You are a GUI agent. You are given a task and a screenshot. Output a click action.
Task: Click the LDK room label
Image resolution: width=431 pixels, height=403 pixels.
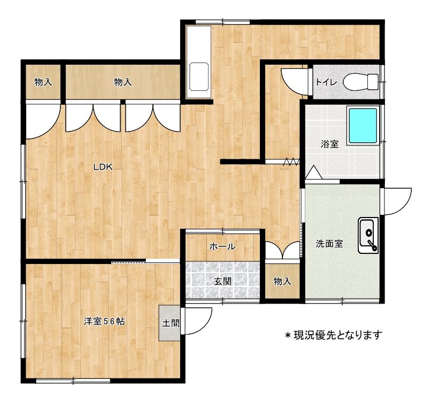(x=103, y=167)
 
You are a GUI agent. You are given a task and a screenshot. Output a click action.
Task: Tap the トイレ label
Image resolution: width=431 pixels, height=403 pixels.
(x=326, y=82)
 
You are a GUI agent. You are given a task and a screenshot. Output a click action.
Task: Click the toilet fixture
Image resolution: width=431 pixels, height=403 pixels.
(x=360, y=82)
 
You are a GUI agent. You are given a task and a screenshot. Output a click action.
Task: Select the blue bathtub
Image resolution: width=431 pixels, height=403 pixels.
(x=363, y=126)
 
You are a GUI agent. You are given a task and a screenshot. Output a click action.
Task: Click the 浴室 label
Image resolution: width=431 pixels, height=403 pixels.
(x=329, y=144)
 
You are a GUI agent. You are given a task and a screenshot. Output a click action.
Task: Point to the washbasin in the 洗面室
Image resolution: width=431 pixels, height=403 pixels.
(x=368, y=235)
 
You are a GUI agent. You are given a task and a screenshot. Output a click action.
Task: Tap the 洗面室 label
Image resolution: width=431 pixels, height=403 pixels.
(x=329, y=244)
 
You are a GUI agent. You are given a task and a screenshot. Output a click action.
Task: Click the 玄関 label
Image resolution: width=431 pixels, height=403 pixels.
(x=222, y=281)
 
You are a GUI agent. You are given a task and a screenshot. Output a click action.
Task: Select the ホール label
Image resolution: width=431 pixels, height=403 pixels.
(x=222, y=246)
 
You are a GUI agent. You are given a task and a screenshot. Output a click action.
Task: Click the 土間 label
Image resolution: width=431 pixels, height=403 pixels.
(x=171, y=323)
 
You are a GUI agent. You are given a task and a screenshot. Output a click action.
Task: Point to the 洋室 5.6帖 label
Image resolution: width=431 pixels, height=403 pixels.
(x=104, y=321)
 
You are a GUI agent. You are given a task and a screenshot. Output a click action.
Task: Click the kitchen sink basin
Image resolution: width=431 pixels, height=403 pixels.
(x=199, y=76)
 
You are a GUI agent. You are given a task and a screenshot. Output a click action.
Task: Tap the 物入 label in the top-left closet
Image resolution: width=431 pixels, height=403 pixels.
(x=43, y=82)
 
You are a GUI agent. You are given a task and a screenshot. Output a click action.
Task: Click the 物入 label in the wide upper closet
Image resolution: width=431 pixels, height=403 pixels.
(x=123, y=82)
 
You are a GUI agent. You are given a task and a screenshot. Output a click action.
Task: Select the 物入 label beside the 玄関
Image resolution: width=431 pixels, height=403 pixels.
(x=282, y=281)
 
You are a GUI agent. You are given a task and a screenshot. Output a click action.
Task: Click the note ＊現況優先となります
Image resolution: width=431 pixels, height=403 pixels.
(x=334, y=335)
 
